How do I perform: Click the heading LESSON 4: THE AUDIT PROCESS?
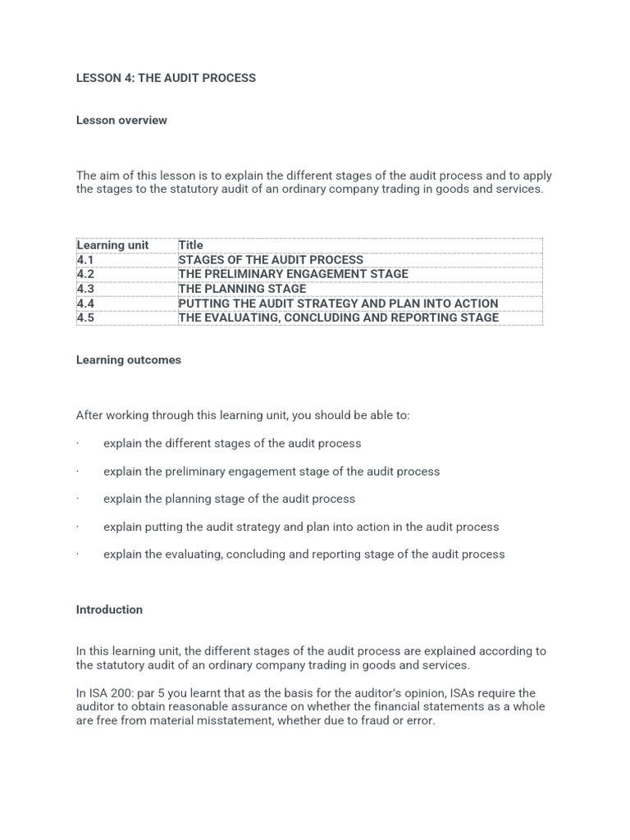click(166, 78)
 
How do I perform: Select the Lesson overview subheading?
click(121, 120)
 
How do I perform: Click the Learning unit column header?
click(112, 245)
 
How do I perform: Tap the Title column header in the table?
click(190, 245)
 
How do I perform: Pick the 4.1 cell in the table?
click(85, 260)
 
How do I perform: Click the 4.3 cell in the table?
click(85, 289)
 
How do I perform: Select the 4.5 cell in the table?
click(85, 317)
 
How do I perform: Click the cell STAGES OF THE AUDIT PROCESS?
click(271, 260)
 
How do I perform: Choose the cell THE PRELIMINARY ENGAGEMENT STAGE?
click(293, 274)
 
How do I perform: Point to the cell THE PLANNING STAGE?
click(242, 289)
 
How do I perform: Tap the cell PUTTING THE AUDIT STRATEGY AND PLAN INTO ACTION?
click(338, 304)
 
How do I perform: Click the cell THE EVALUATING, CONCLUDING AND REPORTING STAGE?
click(338, 317)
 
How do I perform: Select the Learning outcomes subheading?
click(129, 360)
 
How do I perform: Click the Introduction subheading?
click(109, 609)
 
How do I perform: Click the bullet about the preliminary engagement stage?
click(272, 472)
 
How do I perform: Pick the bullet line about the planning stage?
click(229, 499)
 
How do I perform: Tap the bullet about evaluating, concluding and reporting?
click(304, 555)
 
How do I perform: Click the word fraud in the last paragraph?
click(369, 721)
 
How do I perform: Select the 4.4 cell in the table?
click(85, 304)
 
